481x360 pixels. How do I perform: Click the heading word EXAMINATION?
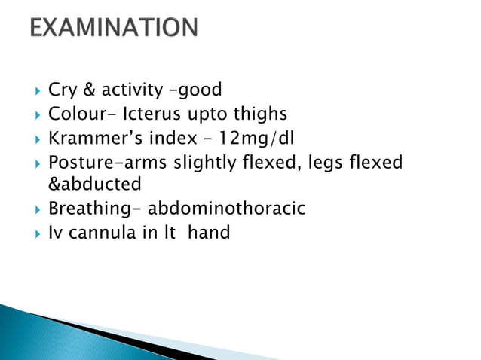click(114, 29)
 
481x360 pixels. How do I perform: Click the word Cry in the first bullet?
click(63, 91)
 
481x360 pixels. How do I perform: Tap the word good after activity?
click(198, 91)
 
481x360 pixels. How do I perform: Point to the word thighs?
click(259, 115)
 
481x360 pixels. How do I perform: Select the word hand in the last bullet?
click(209, 233)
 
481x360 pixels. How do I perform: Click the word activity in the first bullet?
click(133, 92)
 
